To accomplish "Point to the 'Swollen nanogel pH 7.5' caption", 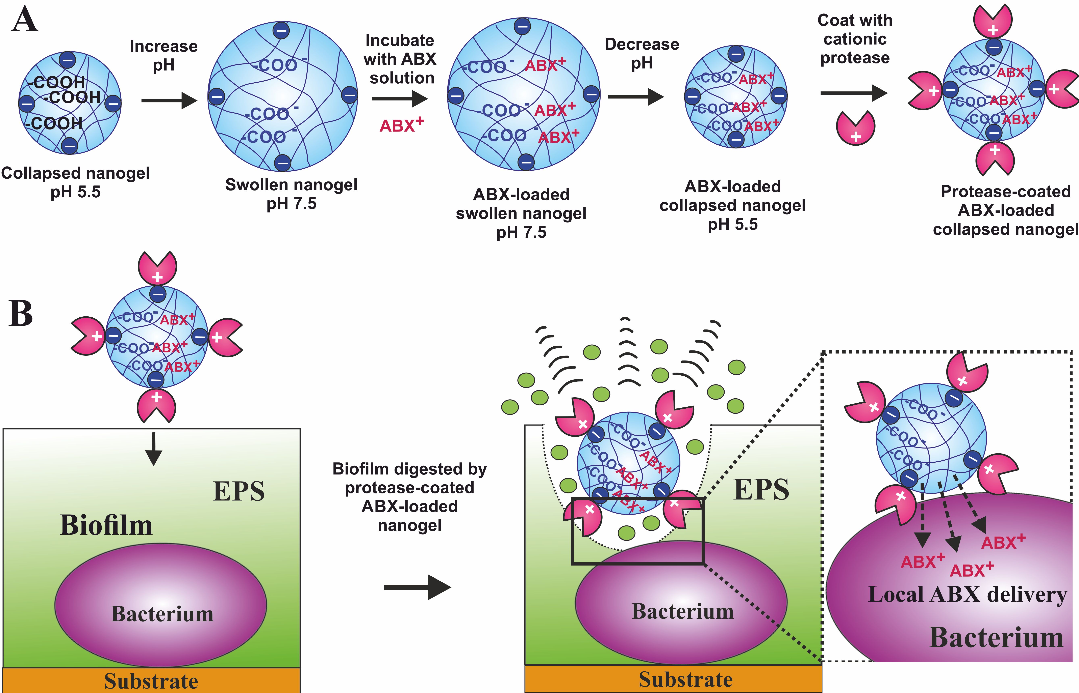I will pyautogui.click(x=291, y=194).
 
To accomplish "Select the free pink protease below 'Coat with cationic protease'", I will pyautogui.click(x=855, y=128).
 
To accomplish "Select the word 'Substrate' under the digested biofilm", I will pyautogui.click(x=685, y=680).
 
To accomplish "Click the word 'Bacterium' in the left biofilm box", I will pyautogui.click(x=162, y=614).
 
